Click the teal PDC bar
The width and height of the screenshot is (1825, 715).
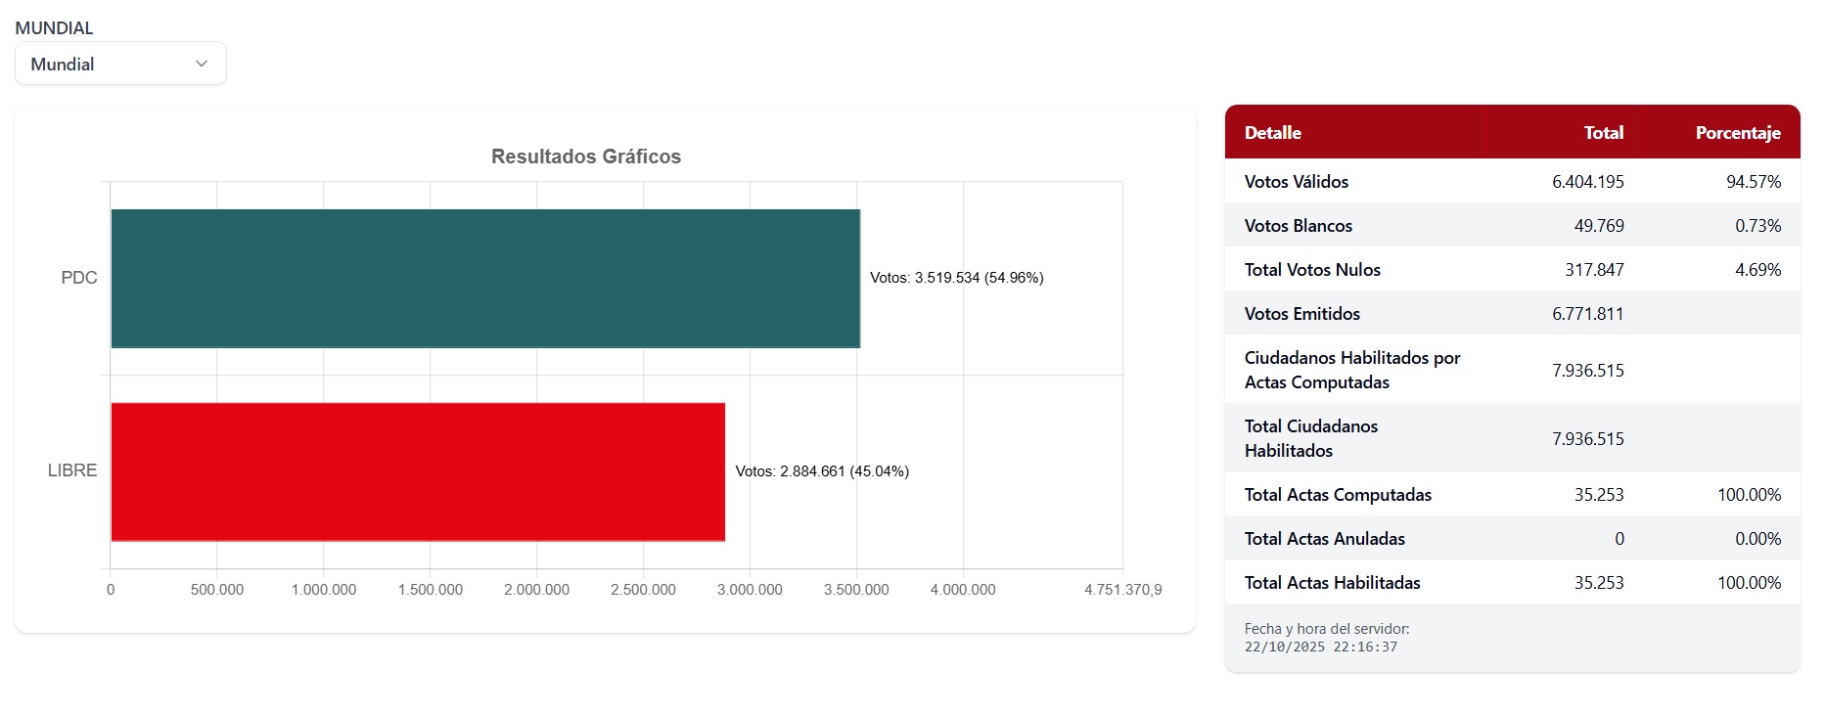[x=485, y=278]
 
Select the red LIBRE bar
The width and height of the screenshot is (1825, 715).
[x=418, y=471]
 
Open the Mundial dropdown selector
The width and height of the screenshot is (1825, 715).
[x=120, y=64]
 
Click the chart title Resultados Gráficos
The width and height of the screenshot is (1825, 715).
[x=585, y=156]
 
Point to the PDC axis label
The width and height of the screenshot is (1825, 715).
[x=79, y=278]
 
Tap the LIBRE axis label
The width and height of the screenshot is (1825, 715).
[x=72, y=470]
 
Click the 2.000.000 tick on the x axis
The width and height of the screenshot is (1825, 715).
[x=536, y=590]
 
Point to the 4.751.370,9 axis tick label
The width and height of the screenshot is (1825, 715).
[x=1122, y=590]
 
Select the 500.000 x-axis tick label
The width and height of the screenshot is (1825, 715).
[x=217, y=590]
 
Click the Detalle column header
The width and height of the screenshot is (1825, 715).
[x=1272, y=133]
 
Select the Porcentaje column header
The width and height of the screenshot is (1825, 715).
[x=1737, y=133]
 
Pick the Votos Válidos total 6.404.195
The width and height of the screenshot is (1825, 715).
[x=1587, y=182]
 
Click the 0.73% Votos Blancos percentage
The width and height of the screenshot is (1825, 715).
[x=1757, y=226]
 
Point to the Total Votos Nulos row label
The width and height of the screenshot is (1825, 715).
[x=1312, y=270]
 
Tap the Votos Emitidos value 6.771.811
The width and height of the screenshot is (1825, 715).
[x=1587, y=314]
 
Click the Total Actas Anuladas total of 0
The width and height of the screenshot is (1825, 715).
[x=1619, y=539]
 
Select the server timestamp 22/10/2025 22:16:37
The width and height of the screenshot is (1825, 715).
[x=1320, y=648]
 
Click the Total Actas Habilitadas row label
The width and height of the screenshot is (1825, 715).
[x=1332, y=583]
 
